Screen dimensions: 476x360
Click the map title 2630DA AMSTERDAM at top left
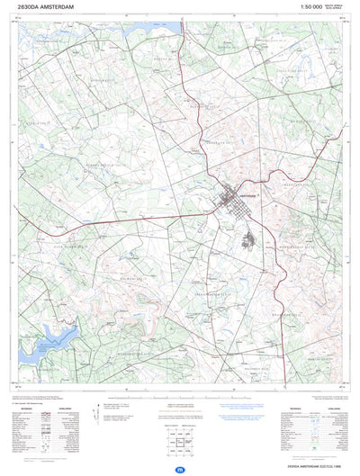point(46,7)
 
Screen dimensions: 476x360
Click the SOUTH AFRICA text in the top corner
point(335,5)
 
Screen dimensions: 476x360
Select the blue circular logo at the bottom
point(180,470)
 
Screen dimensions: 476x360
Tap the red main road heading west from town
point(135,217)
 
